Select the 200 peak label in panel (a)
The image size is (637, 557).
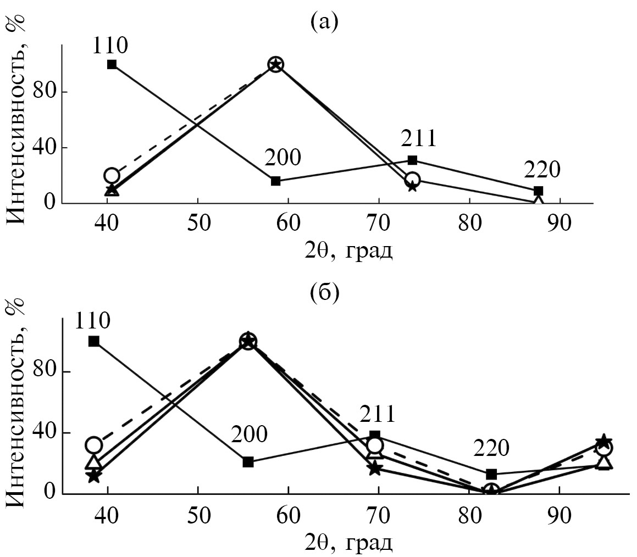283,158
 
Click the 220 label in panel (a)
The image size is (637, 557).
542,170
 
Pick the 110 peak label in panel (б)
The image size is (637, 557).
93,321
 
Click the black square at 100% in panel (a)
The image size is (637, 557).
112,64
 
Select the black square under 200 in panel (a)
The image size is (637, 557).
276,181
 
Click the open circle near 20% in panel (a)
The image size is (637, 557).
112,176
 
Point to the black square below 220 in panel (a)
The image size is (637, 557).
539,191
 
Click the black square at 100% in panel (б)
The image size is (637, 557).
93,341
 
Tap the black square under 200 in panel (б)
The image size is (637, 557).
248,462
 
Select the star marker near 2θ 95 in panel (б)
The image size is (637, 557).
603,441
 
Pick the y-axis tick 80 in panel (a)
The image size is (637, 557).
45,92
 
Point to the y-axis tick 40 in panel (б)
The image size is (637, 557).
45,433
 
